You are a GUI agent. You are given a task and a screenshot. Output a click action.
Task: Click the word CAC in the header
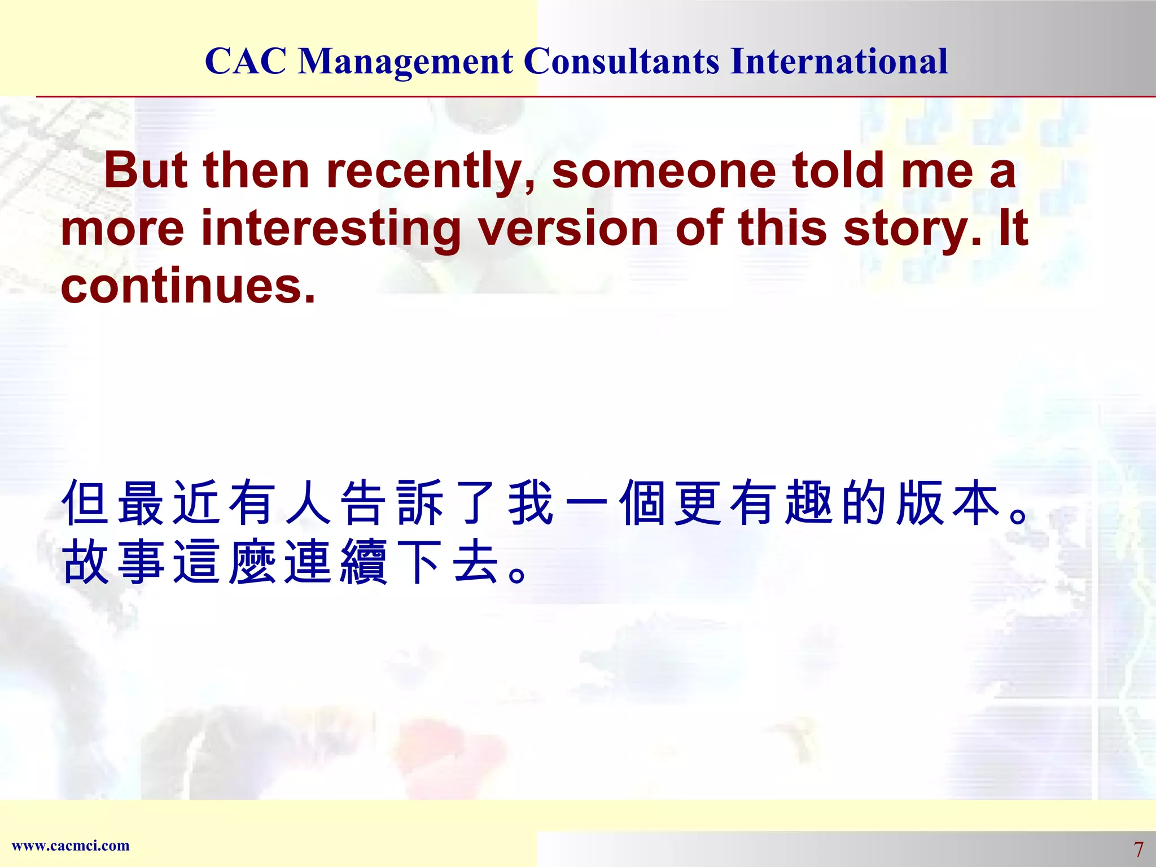(246, 61)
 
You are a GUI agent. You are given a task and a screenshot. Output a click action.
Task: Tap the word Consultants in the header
(621, 61)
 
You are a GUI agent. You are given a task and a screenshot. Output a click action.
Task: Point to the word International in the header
(839, 61)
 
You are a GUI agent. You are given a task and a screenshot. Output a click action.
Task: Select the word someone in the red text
(664, 171)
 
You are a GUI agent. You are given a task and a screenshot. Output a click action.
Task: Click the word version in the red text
(568, 228)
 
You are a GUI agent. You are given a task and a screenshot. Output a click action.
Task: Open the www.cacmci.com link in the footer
(71, 846)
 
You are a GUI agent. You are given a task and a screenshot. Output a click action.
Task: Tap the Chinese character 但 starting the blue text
(85, 503)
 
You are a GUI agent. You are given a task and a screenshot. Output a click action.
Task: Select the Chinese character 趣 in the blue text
(809, 503)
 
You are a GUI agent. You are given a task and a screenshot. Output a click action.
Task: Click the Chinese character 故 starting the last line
(85, 562)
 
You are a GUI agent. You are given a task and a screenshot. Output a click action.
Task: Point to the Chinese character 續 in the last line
(364, 562)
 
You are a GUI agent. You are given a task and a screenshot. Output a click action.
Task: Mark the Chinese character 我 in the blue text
(531, 503)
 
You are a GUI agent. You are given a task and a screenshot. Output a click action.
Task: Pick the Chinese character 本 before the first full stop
(975, 503)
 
